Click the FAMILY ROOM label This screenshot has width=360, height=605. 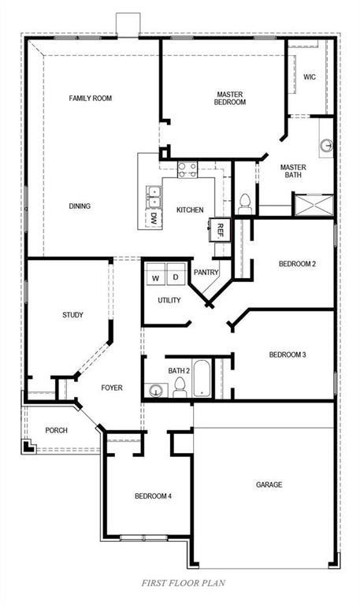(91, 98)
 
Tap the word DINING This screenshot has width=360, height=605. (80, 206)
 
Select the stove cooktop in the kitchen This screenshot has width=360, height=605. (187, 168)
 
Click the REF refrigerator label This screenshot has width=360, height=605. (220, 229)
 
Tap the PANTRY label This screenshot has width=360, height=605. (206, 273)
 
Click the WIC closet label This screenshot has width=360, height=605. (310, 77)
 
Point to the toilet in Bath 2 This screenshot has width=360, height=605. (179, 386)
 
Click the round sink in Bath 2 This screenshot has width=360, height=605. (156, 389)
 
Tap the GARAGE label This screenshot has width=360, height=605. (269, 484)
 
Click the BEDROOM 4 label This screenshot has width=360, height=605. (152, 496)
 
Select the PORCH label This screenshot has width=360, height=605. (56, 430)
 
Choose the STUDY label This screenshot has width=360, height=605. (72, 315)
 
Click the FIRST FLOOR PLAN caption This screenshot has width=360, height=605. (184, 584)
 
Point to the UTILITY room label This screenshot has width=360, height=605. (169, 300)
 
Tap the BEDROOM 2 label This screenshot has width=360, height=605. (297, 264)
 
